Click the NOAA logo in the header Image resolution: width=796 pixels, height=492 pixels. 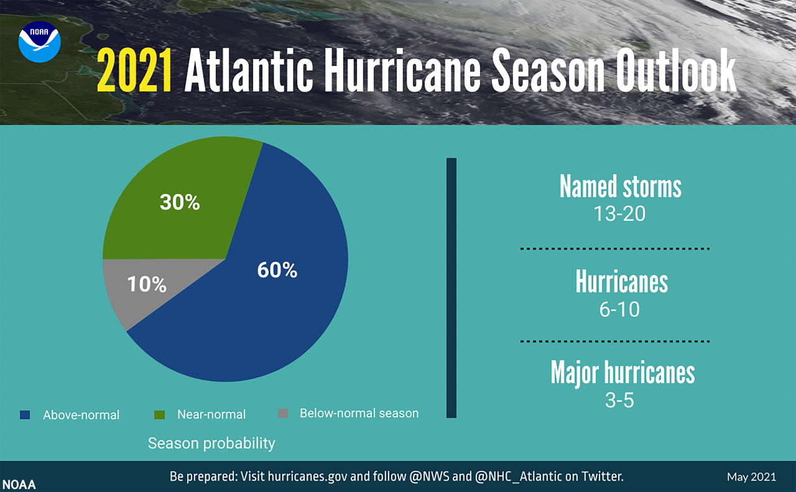pos(39,41)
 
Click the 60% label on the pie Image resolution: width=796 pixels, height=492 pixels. pos(277,269)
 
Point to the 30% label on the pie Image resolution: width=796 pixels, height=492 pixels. pos(180,202)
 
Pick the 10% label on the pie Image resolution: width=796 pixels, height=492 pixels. pos(147,284)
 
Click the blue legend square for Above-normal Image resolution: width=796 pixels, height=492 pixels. pos(25,414)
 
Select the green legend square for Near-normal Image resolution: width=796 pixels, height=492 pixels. pos(159,414)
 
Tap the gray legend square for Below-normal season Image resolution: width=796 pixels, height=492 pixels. pos(283,413)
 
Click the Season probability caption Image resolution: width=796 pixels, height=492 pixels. pos(211,443)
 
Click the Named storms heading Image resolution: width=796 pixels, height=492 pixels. pos(620,186)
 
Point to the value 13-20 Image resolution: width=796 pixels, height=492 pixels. pos(619,214)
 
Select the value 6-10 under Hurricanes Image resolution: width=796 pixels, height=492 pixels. pos(619,309)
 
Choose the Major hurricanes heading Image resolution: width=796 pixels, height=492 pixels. pos(622,372)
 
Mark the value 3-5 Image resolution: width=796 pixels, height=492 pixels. pos(619,400)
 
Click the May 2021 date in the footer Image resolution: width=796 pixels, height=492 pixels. pos(751,477)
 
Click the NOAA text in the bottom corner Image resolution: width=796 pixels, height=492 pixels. pos(19,485)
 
